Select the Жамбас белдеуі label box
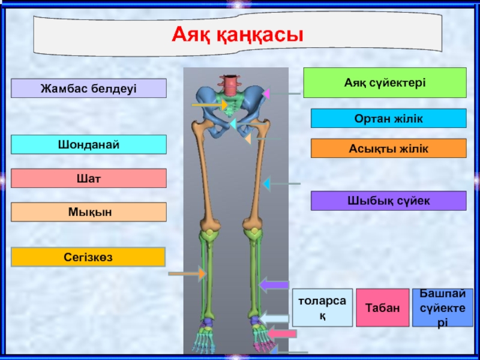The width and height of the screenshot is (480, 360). coord(89,88)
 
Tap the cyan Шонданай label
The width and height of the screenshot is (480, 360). coord(89,145)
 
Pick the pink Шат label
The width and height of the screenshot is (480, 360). coord(89,178)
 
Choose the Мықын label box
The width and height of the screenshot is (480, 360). coord(89,212)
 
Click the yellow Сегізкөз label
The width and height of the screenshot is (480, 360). coord(89,257)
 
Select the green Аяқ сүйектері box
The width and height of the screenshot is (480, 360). coord(385,82)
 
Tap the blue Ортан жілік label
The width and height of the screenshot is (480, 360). coord(388,118)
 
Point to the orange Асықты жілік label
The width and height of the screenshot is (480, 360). coord(388,148)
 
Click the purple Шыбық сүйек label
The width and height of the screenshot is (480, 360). coord(388,200)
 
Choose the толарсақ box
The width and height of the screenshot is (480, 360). coord(322,307)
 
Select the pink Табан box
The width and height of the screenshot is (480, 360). coord(382,307)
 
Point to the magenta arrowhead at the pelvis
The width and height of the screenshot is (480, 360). coord(266,94)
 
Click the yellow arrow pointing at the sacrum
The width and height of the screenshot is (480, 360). coord(210,105)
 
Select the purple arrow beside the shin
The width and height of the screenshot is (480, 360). coord(274,285)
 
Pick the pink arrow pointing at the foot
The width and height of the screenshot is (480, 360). coord(281,332)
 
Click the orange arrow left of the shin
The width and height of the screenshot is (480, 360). coord(187,274)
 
